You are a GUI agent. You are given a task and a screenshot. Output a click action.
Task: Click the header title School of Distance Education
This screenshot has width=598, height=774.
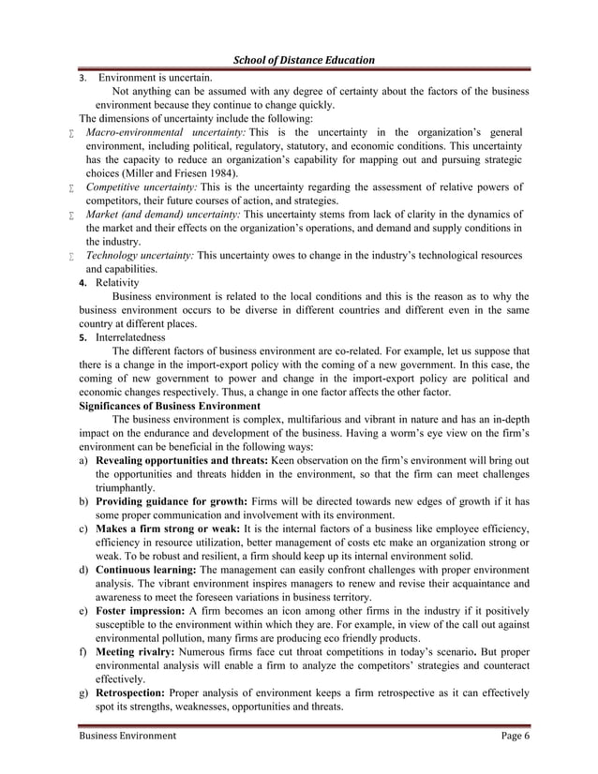click(297, 60)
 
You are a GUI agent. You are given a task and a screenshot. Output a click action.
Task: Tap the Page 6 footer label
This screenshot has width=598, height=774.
click(515, 736)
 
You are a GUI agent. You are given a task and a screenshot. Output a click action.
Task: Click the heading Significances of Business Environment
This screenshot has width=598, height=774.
click(170, 407)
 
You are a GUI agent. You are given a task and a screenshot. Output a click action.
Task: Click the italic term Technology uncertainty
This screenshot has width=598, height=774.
click(140, 255)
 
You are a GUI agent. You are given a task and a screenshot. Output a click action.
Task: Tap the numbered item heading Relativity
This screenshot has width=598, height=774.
click(116, 282)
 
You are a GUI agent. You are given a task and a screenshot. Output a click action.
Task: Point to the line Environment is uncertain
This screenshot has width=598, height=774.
click(155, 78)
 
